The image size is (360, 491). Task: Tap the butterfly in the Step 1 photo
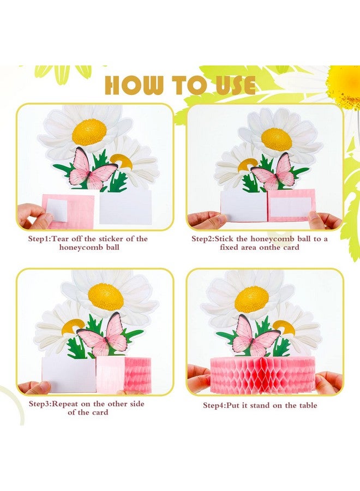pos(91,169)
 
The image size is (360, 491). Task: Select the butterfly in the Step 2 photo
pos(274,172)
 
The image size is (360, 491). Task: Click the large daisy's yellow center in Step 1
pos(89,131)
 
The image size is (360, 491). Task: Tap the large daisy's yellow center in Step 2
pos(277,139)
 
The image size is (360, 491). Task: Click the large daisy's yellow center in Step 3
pos(106,297)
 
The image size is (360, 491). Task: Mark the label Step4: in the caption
pos(218,405)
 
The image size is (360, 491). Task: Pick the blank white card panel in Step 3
pos(69,374)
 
